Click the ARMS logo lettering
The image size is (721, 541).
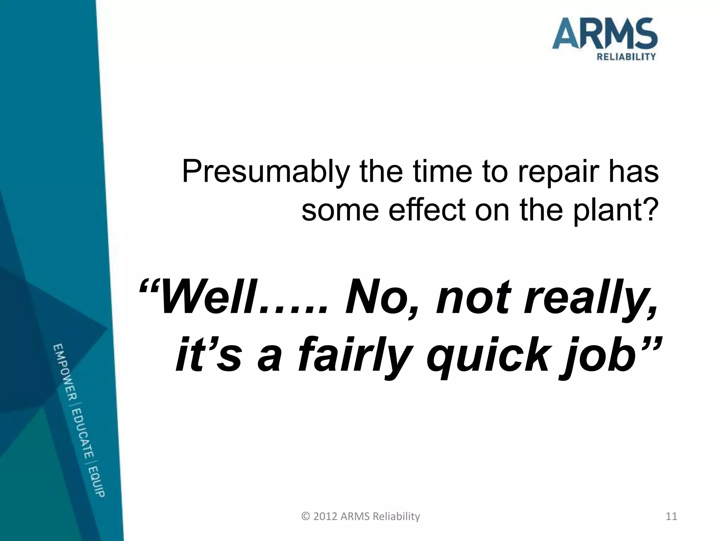(x=604, y=34)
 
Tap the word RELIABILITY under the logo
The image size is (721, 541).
(x=626, y=57)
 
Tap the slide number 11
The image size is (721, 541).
(x=672, y=516)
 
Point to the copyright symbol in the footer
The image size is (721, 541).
(x=306, y=516)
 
